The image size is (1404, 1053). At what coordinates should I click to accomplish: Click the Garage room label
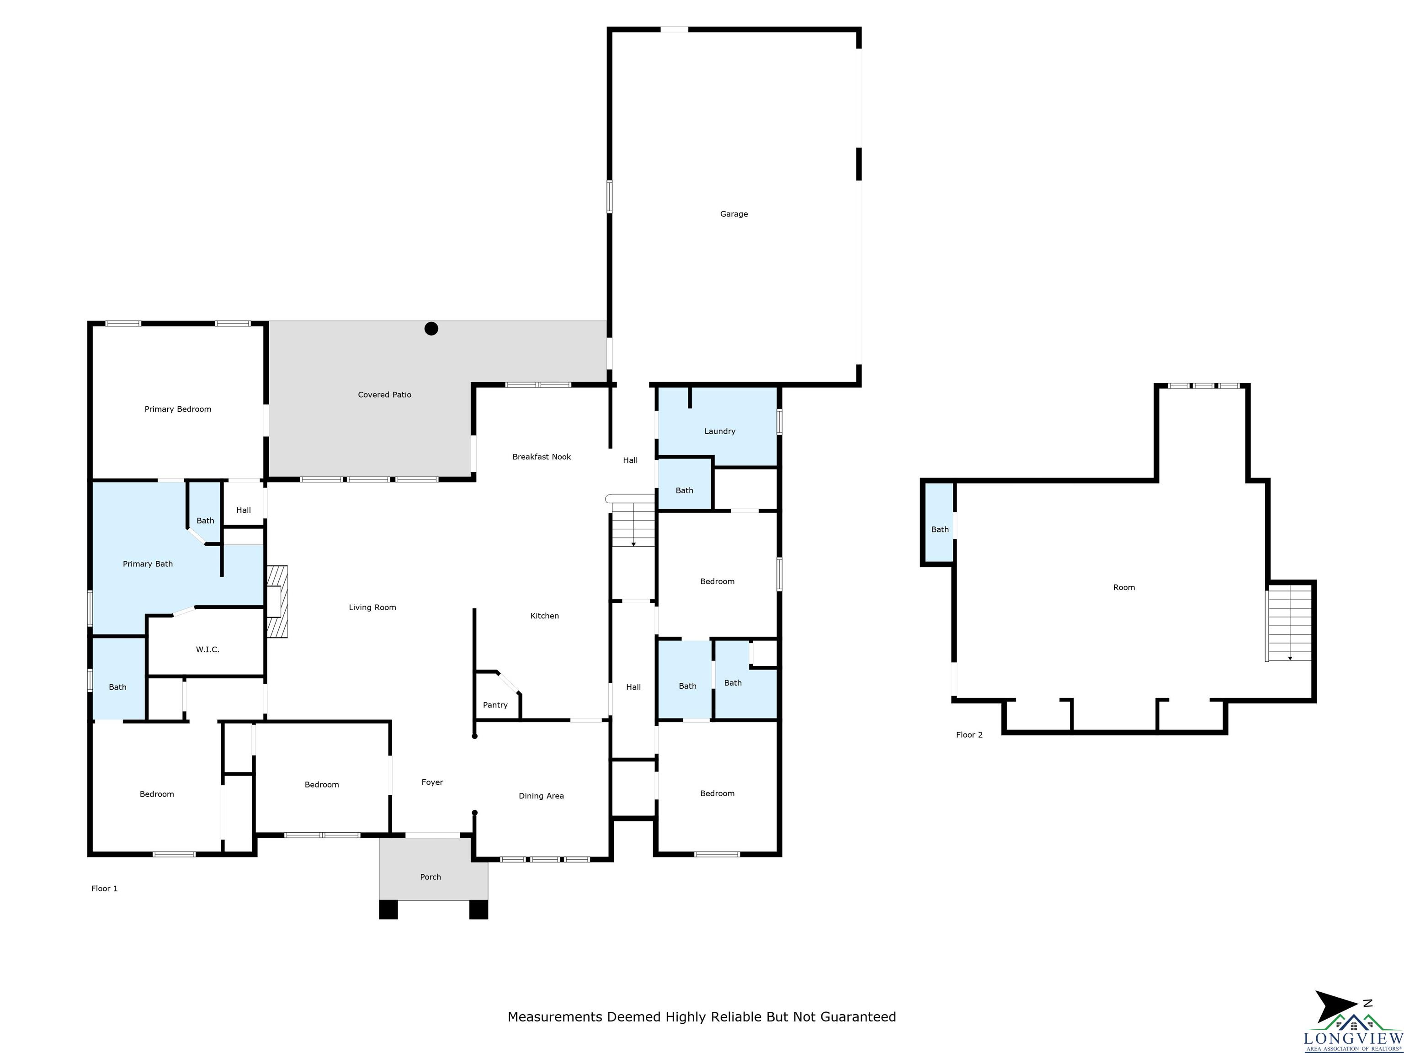pyautogui.click(x=734, y=214)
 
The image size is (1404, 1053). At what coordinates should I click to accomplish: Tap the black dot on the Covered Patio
pyautogui.click(x=431, y=329)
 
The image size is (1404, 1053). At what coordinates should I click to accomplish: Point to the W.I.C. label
pyautogui.click(x=207, y=649)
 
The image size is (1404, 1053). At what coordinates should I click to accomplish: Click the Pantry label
pyautogui.click(x=495, y=705)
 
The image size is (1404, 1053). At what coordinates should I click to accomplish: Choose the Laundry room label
pyautogui.click(x=720, y=431)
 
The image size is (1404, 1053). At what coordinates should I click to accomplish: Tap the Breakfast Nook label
pyautogui.click(x=542, y=457)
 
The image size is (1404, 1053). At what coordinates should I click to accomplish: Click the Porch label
pyautogui.click(x=431, y=877)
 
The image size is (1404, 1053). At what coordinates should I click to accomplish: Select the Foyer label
pyautogui.click(x=432, y=782)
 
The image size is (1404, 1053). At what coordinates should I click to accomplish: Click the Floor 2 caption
pyautogui.click(x=969, y=735)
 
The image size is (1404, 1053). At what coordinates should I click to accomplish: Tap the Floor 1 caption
pyautogui.click(x=104, y=888)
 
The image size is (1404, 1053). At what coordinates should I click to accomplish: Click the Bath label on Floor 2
pyautogui.click(x=940, y=529)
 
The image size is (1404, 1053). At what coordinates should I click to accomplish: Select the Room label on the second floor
pyautogui.click(x=1124, y=588)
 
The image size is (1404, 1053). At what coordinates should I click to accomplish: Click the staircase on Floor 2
pyautogui.click(x=1289, y=625)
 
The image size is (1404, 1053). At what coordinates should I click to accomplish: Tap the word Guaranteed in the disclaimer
pyautogui.click(x=858, y=1017)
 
